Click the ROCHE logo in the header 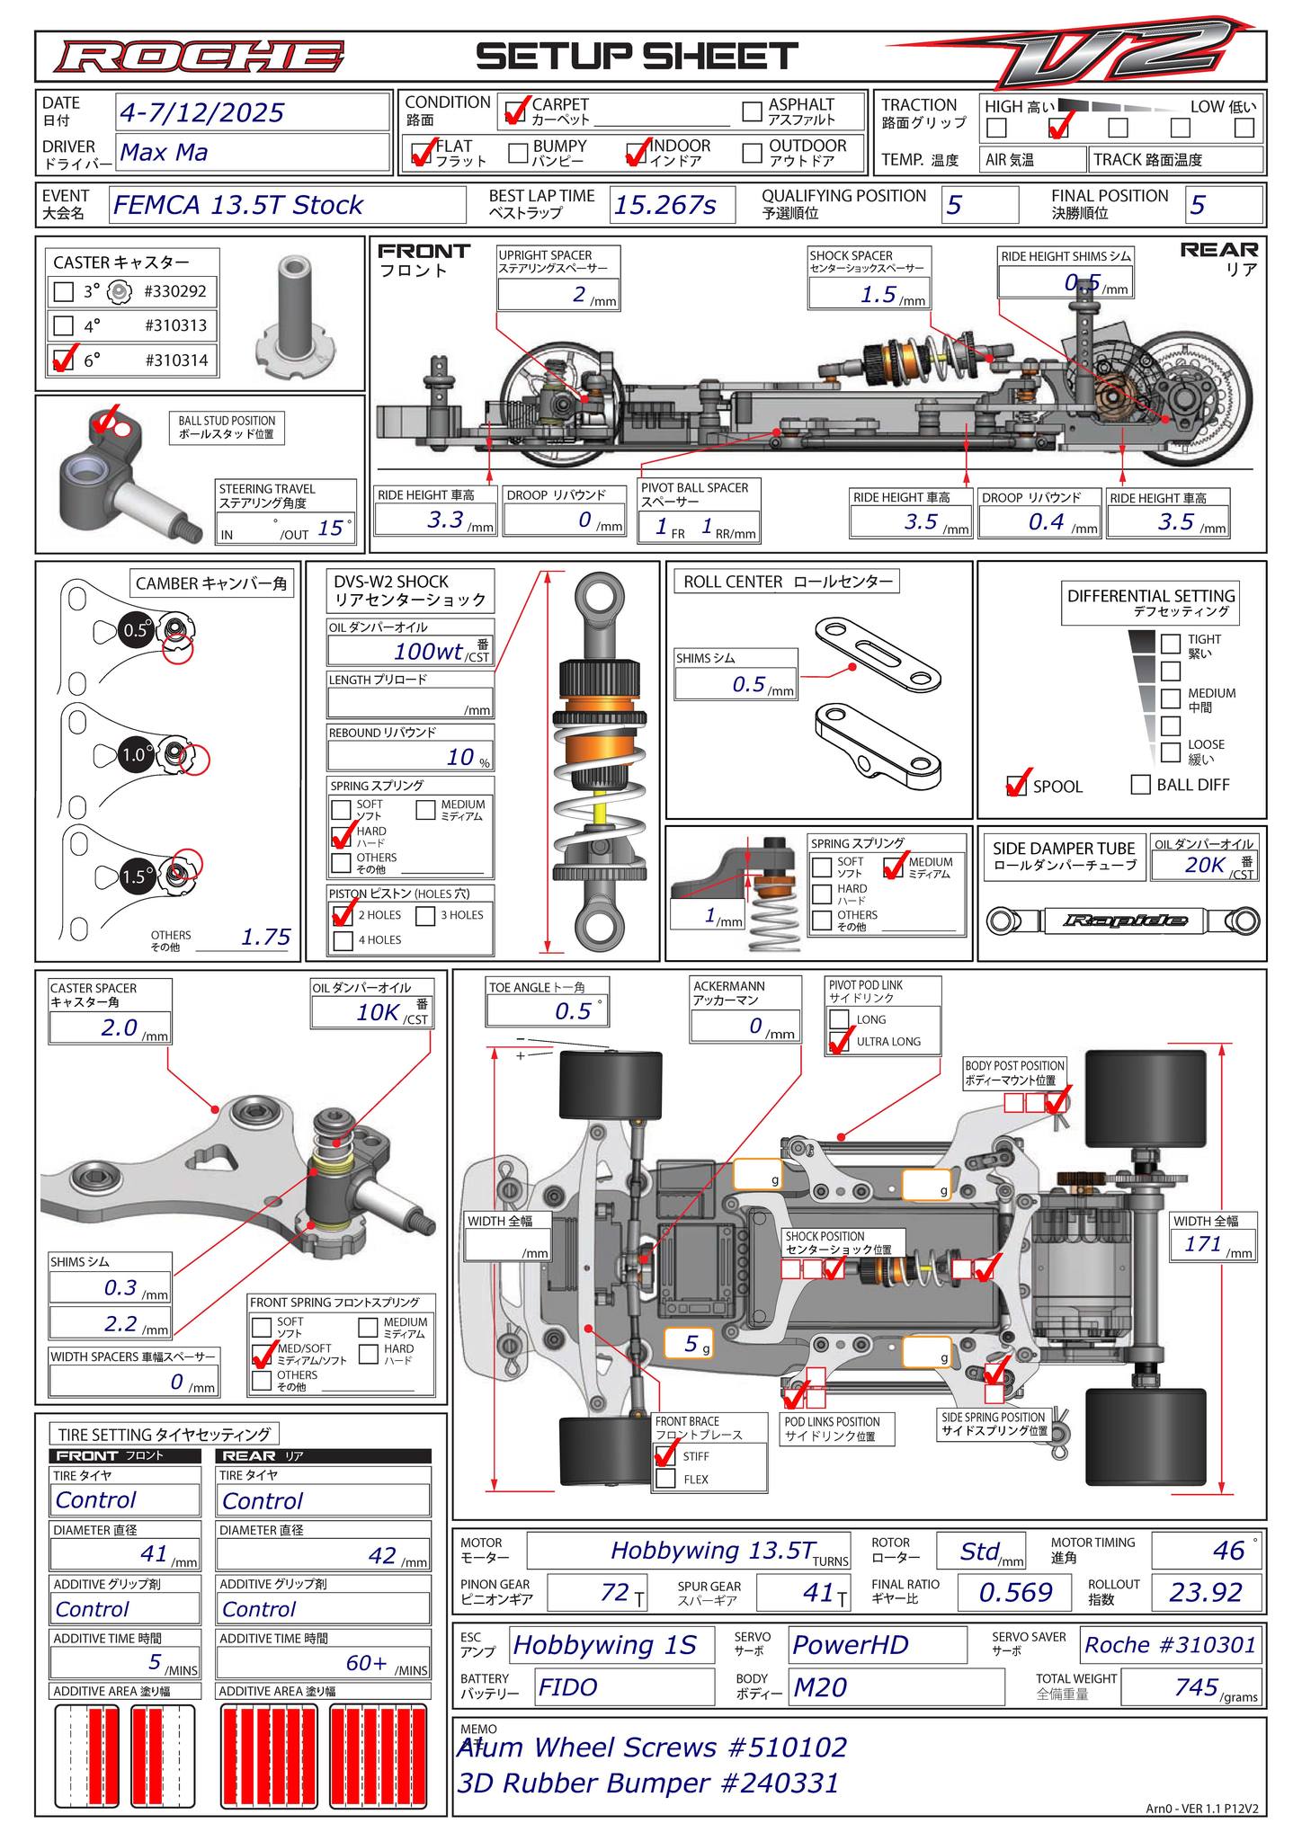click(198, 57)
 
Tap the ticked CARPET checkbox click(516, 111)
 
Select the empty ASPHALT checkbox click(753, 111)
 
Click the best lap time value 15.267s click(664, 206)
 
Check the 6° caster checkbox click(63, 360)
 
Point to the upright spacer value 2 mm click(580, 294)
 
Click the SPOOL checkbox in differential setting click(1017, 786)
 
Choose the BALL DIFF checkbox click(1140, 785)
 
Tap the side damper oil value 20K click(1205, 865)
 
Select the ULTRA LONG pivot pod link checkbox click(839, 1042)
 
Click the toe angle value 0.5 click(573, 1011)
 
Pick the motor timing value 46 click(1228, 1551)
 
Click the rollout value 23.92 click(1205, 1592)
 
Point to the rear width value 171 click(1203, 1244)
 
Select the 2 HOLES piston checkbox click(343, 915)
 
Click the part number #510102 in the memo click(787, 1747)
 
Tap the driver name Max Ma click(164, 152)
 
